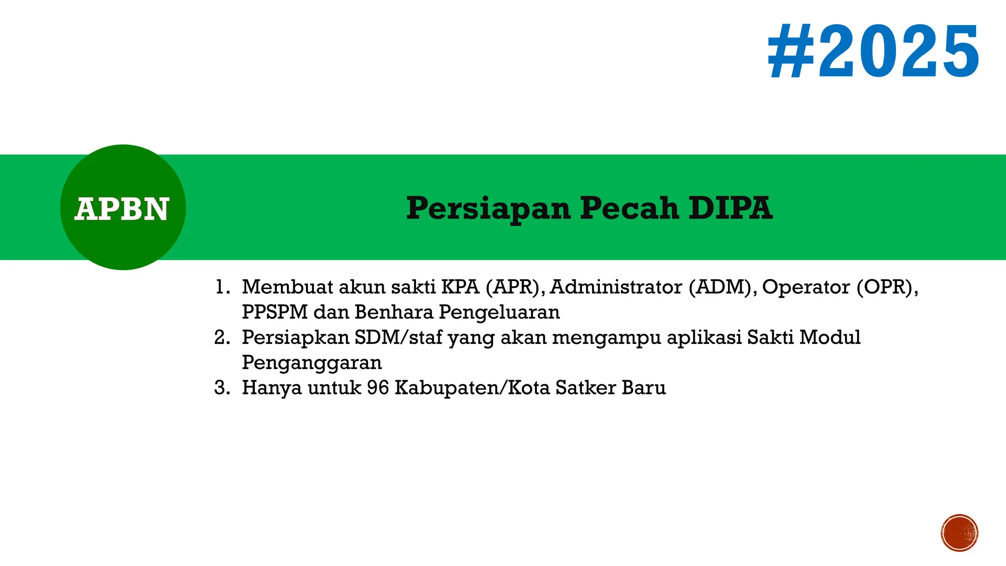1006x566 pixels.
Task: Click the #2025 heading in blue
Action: click(x=873, y=52)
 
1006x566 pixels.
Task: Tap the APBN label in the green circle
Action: click(x=122, y=209)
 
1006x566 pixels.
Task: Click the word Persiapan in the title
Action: click(x=488, y=209)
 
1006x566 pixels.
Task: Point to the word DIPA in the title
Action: click(x=730, y=208)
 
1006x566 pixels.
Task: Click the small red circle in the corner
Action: click(x=959, y=533)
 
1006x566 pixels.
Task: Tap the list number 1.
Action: click(x=222, y=287)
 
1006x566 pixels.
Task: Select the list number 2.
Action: click(x=222, y=338)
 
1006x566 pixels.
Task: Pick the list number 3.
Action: click(x=222, y=388)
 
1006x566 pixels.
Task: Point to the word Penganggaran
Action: click(x=312, y=363)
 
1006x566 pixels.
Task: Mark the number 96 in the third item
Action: click(x=378, y=388)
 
